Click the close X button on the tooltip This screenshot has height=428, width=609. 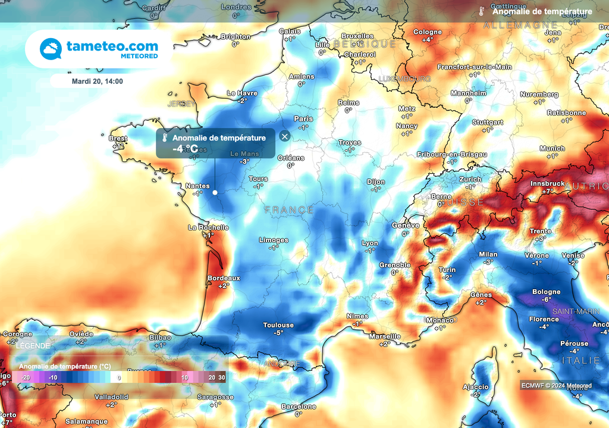coord(284,136)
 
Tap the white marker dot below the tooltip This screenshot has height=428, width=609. coord(215,192)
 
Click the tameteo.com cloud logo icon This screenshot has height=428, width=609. coord(51,49)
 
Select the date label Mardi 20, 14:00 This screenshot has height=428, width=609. coord(97,81)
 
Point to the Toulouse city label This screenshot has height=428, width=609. coord(278,325)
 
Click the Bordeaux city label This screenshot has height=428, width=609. coord(224,278)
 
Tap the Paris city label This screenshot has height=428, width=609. coord(303,118)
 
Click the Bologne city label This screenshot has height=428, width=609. coord(546,292)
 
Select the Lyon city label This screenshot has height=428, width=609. coord(370,243)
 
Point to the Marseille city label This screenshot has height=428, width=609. coord(384,336)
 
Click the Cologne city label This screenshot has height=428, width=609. coord(428,32)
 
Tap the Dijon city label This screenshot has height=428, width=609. coord(376,182)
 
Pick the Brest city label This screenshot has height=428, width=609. coord(118,139)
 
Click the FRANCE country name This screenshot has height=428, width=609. coord(289,210)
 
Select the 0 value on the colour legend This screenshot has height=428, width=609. coord(119,377)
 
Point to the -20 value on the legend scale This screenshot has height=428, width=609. coord(26,377)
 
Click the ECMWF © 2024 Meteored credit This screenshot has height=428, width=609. coord(556,386)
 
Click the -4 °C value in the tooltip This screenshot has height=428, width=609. coord(185,149)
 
